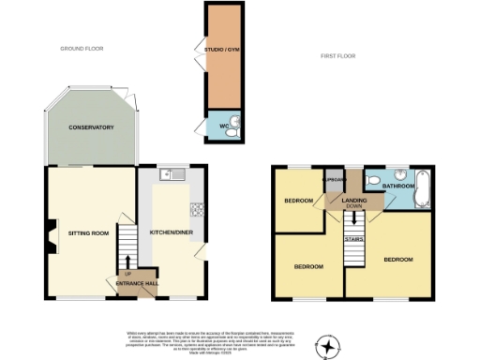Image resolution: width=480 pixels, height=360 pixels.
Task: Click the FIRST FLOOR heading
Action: click(x=339, y=57)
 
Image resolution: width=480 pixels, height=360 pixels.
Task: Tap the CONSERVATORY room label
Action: click(x=90, y=127)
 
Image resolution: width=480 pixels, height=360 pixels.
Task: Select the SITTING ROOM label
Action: click(x=88, y=232)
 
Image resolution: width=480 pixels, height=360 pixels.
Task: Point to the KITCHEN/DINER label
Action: click(x=172, y=232)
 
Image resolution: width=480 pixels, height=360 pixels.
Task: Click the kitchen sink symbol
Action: click(x=172, y=173)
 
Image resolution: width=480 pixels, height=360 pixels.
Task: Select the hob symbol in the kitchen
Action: click(x=198, y=210)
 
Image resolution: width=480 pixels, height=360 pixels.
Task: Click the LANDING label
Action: click(x=353, y=200)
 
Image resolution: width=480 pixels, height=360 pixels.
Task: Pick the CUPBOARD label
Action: click(x=334, y=178)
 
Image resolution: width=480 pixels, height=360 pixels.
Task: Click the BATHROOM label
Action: click(x=397, y=187)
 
